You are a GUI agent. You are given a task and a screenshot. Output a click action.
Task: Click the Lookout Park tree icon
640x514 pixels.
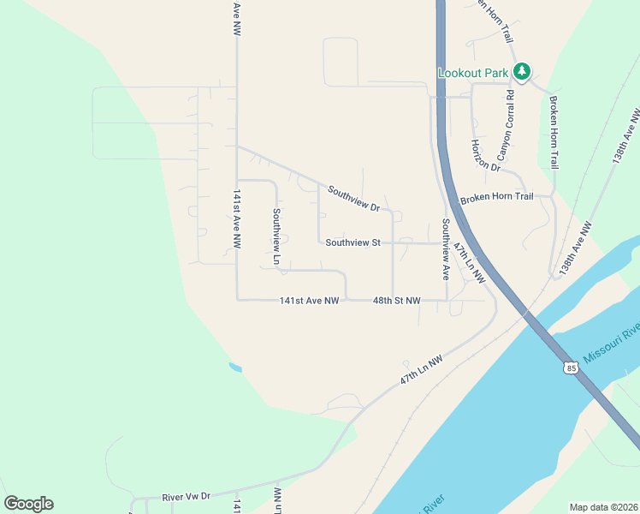[x=521, y=72]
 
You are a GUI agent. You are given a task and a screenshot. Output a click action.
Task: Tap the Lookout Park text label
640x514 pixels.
[x=473, y=73]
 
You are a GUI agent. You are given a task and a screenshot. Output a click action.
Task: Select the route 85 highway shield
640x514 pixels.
[x=570, y=368]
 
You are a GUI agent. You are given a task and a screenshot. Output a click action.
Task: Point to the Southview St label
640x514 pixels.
[x=353, y=242]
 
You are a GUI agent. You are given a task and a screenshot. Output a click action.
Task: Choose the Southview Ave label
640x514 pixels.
[x=445, y=249]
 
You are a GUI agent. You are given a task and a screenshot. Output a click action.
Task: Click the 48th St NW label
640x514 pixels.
[x=396, y=301]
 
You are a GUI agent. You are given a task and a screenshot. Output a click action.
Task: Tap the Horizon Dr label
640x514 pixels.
[x=484, y=155]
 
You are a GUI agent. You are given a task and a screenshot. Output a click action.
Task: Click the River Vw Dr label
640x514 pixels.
[x=186, y=497]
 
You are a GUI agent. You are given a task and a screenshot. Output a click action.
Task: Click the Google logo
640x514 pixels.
[x=28, y=504]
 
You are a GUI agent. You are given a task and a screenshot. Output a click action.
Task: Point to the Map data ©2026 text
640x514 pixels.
[x=604, y=507]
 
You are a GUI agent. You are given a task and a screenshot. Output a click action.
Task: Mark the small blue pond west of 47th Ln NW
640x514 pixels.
[x=234, y=368]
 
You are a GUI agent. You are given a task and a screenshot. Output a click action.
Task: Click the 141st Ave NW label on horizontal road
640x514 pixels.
[x=310, y=301]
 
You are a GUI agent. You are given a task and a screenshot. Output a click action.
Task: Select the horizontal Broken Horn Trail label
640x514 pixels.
[x=496, y=198]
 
